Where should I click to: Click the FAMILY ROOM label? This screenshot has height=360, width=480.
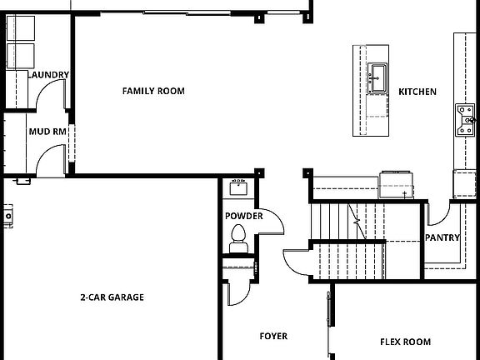coord(153,91)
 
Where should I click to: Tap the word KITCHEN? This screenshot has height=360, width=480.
coord(417,92)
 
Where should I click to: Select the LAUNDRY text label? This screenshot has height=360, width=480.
coord(48,75)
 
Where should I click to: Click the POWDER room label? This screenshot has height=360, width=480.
coord(243,217)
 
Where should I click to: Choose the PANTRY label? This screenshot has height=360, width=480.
coord(442,237)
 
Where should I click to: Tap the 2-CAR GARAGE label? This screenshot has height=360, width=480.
coord(112,297)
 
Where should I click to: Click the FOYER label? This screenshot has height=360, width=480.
coord(273,337)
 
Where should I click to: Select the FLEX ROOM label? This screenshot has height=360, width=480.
coord(405,342)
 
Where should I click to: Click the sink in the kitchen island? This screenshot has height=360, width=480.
coord(377,77)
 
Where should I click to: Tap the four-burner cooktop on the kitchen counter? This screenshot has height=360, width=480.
coord(464,120)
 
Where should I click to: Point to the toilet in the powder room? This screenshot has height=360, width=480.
coord(237,237)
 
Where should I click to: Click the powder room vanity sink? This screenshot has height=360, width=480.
coord(237,187)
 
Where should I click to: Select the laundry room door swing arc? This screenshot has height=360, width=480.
coord(53,100)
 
